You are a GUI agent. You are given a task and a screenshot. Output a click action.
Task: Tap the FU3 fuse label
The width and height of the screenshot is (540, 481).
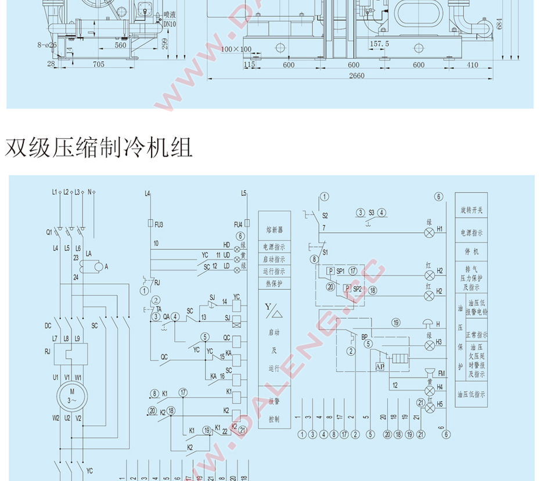(x=159, y=223)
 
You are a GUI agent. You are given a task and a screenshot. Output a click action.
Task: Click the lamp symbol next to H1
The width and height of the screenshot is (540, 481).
(x=429, y=233)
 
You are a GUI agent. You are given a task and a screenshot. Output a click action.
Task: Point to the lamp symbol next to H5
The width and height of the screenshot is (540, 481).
(x=429, y=408)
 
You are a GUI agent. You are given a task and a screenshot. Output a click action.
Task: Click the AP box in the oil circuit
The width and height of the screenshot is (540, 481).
(x=380, y=367)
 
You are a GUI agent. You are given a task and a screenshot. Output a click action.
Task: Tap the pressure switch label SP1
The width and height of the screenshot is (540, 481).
(x=340, y=271)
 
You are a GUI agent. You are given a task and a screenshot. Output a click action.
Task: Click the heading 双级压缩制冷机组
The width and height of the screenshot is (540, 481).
(x=99, y=149)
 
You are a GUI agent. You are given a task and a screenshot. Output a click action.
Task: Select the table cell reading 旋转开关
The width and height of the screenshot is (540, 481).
(x=471, y=210)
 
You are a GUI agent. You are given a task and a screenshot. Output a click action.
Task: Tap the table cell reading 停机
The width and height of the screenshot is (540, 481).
(x=471, y=252)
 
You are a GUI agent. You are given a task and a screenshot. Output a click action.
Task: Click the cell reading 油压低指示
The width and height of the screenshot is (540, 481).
(x=471, y=395)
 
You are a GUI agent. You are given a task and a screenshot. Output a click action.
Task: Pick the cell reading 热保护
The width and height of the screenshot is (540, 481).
(x=275, y=283)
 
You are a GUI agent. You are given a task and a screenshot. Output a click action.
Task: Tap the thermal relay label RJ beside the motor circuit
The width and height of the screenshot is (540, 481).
(x=48, y=350)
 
